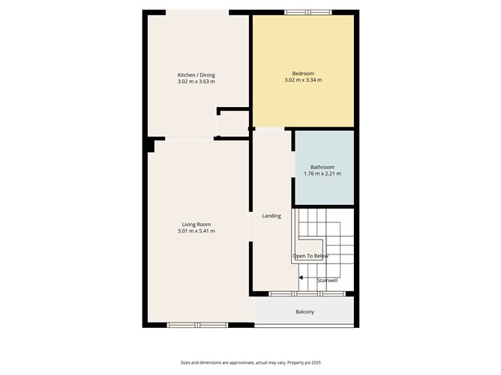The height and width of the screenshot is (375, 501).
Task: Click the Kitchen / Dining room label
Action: click(196, 75)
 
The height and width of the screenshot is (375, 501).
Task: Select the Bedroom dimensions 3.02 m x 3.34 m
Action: click(303, 80)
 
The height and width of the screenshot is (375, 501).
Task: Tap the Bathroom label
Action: click(322, 167)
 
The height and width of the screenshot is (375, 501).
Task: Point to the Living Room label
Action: click(196, 225)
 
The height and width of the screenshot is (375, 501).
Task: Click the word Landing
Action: click(271, 216)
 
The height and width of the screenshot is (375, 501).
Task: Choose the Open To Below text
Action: click(310, 256)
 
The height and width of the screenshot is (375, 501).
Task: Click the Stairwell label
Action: click(327, 280)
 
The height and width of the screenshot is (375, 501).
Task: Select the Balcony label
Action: click(304, 311)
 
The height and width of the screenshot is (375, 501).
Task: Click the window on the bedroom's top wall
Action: click(307, 12)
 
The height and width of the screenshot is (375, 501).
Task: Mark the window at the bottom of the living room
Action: click(196, 325)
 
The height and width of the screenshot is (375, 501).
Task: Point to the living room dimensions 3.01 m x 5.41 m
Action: click(196, 231)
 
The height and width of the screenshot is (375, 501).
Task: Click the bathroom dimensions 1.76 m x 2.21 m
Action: click(322, 174)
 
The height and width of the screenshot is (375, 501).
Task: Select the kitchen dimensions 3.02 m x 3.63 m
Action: click(196, 82)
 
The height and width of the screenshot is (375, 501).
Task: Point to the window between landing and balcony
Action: click(307, 293)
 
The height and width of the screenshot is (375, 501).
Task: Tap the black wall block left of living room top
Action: click(150, 144)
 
